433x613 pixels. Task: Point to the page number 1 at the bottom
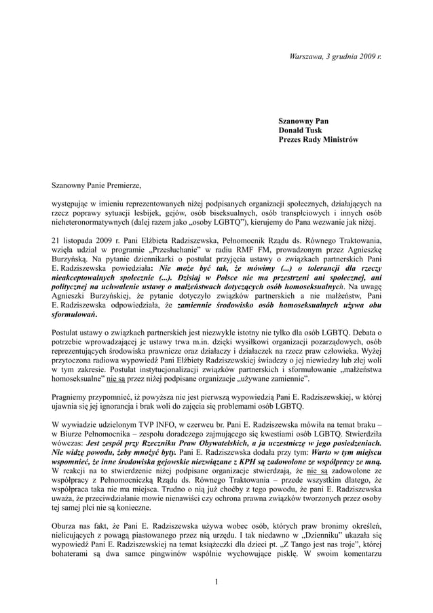tap(215, 582)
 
